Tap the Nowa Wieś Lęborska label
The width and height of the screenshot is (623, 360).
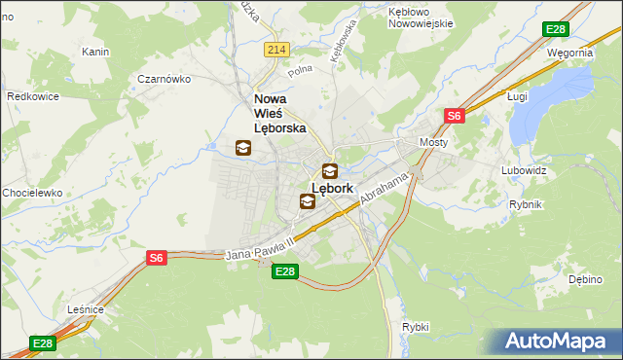pyautogui.click(x=280, y=113)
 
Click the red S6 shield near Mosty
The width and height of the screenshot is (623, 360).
pyautogui.click(x=454, y=116)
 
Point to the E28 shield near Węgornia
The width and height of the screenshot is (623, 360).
pyautogui.click(x=557, y=29)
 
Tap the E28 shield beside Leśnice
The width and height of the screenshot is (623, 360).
pyautogui.click(x=42, y=343)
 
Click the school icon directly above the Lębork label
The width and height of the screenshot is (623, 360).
pyautogui.click(x=331, y=170)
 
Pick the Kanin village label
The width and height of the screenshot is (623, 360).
pyautogui.click(x=95, y=51)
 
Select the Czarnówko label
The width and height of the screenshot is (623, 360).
pyautogui.click(x=163, y=79)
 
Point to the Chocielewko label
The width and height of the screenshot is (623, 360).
pyautogui.click(x=32, y=193)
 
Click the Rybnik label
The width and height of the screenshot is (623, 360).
pyautogui.click(x=526, y=204)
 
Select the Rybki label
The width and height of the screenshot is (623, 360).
pyautogui.click(x=415, y=327)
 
